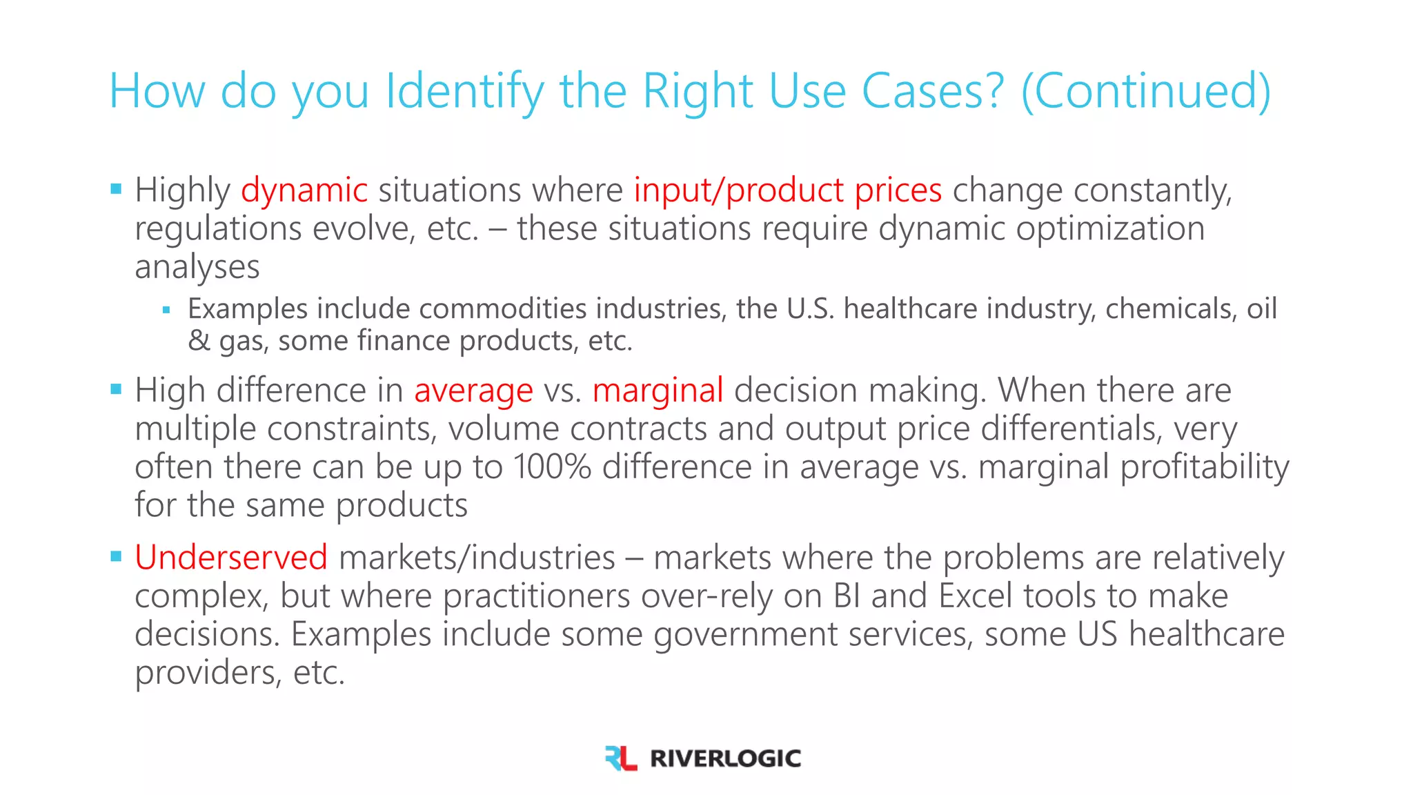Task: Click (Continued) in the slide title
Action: coord(1145,92)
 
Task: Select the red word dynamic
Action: coord(304,190)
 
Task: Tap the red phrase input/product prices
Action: coord(787,190)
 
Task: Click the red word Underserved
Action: coord(231,558)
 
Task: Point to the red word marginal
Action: coord(658,391)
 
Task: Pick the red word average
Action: coord(473,391)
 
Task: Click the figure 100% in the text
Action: coord(551,467)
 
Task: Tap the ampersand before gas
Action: coord(199,341)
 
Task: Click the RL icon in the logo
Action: coord(620,758)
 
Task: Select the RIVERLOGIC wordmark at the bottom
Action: coord(725,758)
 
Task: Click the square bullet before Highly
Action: coord(116,188)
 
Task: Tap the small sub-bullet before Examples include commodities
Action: coord(166,310)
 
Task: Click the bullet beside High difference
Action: coord(116,389)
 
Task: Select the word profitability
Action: coord(1204,467)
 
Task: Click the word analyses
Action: coord(197,267)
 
